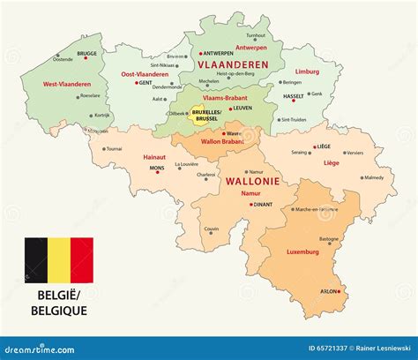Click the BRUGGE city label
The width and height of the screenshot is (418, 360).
coord(87,53)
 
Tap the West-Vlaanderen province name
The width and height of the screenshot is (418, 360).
coord(66,84)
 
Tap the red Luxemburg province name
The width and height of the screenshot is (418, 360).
coord(302,251)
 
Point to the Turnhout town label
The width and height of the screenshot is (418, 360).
coord(256,35)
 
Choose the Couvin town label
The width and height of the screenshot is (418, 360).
coord(212,229)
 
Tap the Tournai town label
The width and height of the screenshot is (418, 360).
coord(116,149)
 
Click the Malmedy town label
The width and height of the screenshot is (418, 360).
coord(374,177)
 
